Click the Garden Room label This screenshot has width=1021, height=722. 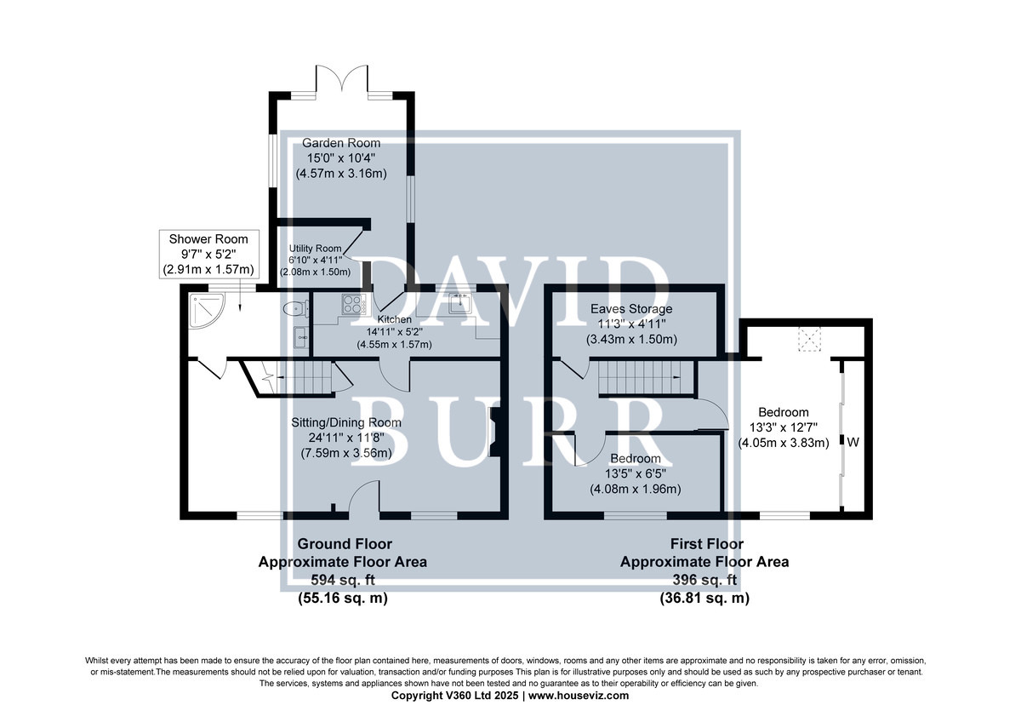(341, 143)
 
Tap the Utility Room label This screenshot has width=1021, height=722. (315, 249)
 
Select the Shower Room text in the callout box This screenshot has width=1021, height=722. (208, 239)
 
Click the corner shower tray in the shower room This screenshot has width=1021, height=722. (208, 311)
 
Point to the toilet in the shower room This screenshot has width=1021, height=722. (296, 309)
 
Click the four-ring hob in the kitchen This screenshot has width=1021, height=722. (354, 304)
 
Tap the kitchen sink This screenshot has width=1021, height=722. (460, 303)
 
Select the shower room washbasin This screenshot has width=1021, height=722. (301, 337)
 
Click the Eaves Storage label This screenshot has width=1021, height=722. (631, 309)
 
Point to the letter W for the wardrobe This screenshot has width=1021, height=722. (853, 442)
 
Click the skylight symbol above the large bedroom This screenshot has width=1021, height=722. (809, 339)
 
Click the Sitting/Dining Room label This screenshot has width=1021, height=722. (346, 422)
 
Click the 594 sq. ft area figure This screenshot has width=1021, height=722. (343, 580)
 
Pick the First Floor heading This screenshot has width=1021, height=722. (706, 544)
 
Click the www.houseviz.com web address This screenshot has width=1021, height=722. (579, 696)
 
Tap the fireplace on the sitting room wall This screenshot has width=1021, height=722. (494, 432)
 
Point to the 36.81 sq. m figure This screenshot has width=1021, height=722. (704, 598)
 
